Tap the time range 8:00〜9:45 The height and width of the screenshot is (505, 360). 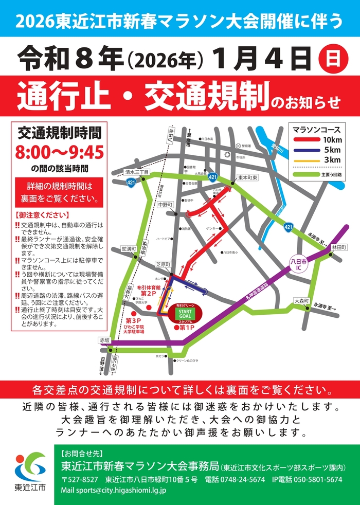60,152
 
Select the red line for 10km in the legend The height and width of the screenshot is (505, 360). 308,139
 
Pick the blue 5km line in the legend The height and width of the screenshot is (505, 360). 308,150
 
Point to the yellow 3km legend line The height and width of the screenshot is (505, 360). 308,160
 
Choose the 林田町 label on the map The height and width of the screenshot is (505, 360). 339,247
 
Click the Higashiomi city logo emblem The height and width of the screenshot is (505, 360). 29,465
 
